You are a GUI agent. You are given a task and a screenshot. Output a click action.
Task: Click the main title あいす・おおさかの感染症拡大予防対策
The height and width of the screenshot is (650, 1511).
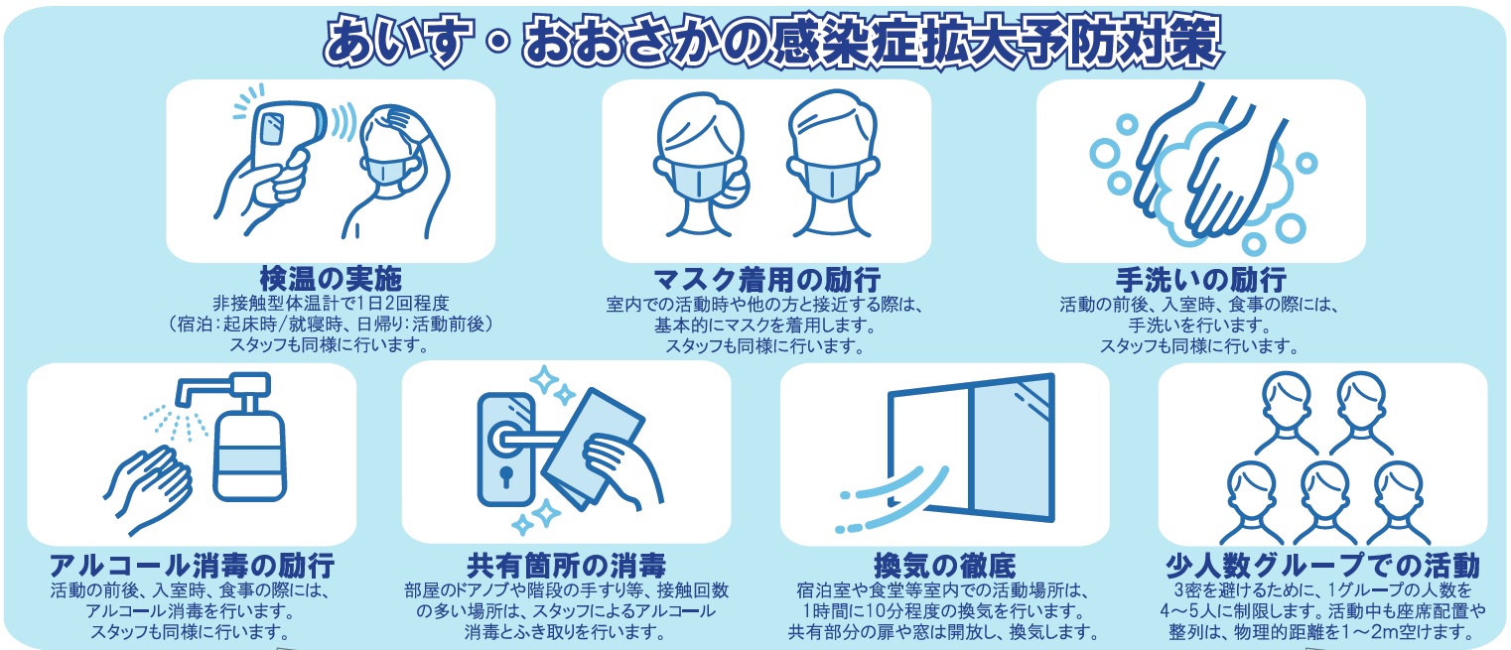click(x=772, y=43)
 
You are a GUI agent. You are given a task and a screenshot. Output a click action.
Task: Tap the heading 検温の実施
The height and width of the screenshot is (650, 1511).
click(x=331, y=279)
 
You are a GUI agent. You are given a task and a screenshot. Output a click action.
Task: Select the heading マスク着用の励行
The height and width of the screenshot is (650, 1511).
click(x=766, y=279)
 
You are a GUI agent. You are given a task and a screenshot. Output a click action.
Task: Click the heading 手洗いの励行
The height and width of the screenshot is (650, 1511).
click(x=1200, y=279)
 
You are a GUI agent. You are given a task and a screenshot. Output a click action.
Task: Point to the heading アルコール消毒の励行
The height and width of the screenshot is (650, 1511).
click(x=192, y=565)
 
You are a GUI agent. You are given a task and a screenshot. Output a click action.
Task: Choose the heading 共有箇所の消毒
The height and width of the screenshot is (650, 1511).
click(x=566, y=565)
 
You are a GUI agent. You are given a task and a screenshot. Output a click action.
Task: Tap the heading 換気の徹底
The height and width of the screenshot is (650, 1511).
click(x=944, y=565)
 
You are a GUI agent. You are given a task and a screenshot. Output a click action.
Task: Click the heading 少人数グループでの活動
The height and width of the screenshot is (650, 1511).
click(x=1322, y=565)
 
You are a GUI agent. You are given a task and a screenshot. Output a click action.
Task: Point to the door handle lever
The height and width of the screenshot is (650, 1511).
click(x=526, y=440)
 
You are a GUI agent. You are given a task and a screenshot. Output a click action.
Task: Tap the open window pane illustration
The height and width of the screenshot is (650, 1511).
click(x=971, y=449)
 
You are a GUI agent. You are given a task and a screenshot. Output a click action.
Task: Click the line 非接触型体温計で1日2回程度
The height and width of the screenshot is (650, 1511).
click(x=331, y=304)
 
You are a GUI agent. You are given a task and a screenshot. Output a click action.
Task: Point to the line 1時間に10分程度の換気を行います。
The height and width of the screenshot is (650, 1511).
click(x=944, y=611)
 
